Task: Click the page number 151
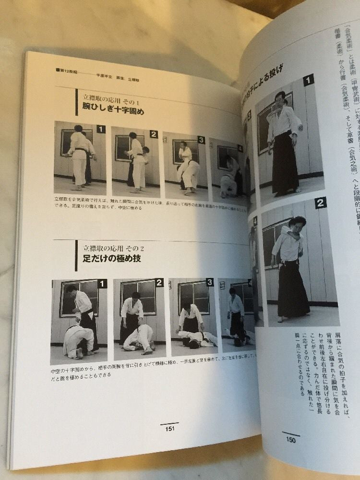[x=169, y=429]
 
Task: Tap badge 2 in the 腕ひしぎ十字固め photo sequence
[x=153, y=134]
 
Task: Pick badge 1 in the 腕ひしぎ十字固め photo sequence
[x=101, y=129]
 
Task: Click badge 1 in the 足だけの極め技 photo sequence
[x=101, y=284]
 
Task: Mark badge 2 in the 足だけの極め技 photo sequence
[x=159, y=282]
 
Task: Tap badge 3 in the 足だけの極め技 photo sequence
[x=209, y=282]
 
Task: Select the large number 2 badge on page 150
[x=320, y=203]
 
